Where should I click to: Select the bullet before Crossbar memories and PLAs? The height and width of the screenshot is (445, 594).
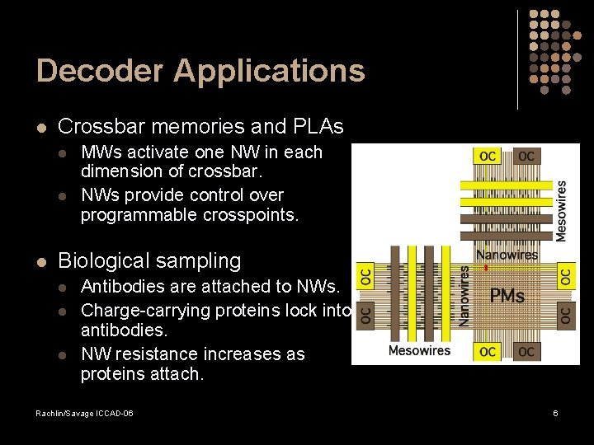coord(41,128)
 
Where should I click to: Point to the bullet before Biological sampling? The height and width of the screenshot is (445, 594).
coord(41,262)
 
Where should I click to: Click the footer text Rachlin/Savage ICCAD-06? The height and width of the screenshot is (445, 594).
coord(84,412)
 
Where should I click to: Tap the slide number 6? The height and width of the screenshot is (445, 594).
coord(555,412)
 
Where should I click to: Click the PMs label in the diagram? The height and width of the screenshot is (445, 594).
coord(507,295)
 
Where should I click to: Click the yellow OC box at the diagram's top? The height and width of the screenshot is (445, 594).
coord(488,157)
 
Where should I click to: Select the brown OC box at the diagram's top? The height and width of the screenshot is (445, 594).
coord(526,157)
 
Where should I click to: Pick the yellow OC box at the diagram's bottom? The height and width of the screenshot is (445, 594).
coord(488,352)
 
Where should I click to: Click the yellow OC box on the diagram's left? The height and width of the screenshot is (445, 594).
coord(365,275)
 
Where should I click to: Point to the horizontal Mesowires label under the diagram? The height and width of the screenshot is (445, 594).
coord(419,351)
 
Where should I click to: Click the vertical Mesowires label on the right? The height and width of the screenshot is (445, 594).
coord(562,211)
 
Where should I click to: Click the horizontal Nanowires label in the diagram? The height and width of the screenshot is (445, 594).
coord(507,255)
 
